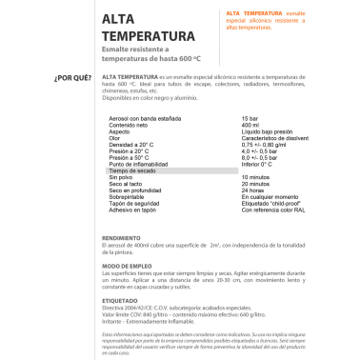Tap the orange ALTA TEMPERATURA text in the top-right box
252,11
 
